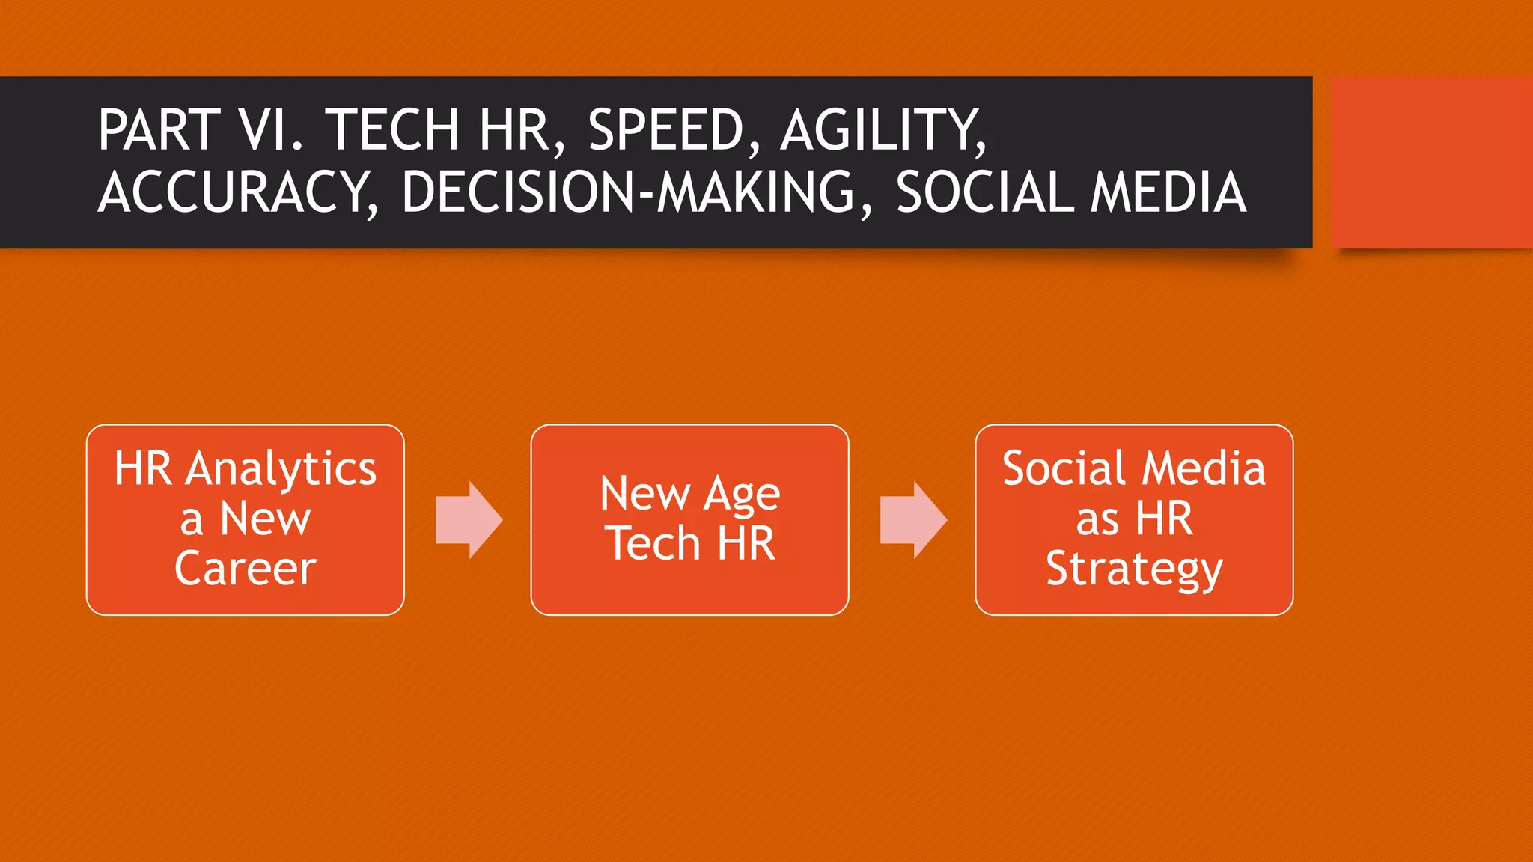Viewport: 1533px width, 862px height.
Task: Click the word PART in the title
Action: click(159, 130)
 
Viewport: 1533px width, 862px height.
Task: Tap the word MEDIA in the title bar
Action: click(1168, 192)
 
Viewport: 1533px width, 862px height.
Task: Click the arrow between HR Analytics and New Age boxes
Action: click(469, 520)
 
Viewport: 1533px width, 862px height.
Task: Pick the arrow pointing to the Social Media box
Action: click(913, 520)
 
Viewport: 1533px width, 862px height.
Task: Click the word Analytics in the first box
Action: click(281, 470)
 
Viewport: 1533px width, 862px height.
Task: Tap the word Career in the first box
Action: click(246, 569)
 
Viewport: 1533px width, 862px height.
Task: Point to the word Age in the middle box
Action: click(742, 495)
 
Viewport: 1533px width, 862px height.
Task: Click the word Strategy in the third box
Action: click(1134, 570)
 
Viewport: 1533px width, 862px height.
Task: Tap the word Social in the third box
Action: click(1064, 469)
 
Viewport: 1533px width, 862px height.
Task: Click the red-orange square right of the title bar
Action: click(1431, 162)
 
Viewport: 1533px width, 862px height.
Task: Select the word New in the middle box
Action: click(644, 495)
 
